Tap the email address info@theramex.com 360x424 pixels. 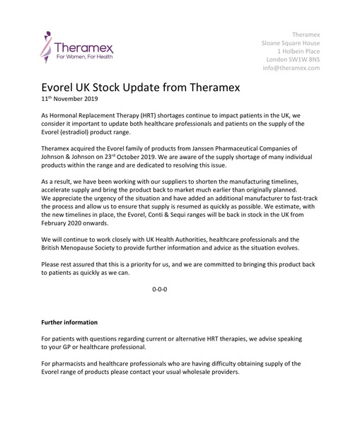[x=290, y=69]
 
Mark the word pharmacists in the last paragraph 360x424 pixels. [x=71, y=363]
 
